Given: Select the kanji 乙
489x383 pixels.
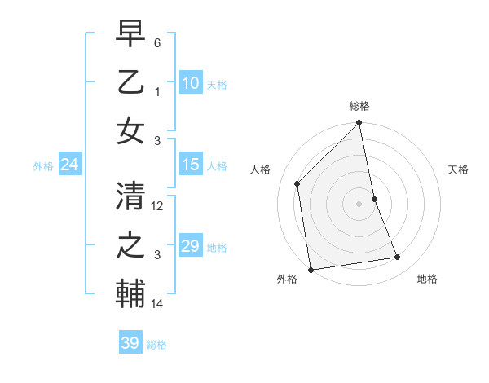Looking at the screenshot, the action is [x=130, y=83].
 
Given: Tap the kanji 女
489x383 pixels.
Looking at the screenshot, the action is [x=130, y=130].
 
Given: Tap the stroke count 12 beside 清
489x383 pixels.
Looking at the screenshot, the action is [x=158, y=207].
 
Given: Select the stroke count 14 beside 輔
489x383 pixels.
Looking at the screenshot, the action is [x=158, y=304].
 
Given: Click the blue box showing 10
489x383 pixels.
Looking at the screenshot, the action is [x=190, y=82].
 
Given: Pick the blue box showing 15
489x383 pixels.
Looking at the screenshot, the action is [x=190, y=165].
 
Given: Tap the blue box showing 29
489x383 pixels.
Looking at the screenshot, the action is [x=190, y=246].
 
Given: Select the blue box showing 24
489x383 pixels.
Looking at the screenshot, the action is [x=69, y=165].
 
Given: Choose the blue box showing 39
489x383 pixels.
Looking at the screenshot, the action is [x=130, y=343].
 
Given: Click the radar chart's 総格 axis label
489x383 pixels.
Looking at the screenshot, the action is [x=359, y=106].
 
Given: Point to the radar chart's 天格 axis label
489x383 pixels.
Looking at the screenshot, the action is [x=458, y=169].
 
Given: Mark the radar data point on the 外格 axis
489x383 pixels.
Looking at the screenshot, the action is [x=311, y=270].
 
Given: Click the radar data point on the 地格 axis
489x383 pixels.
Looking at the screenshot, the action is [x=398, y=258].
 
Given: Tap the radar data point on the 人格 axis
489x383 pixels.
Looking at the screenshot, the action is [x=297, y=183].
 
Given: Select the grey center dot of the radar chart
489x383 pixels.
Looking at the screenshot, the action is [x=359, y=203].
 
